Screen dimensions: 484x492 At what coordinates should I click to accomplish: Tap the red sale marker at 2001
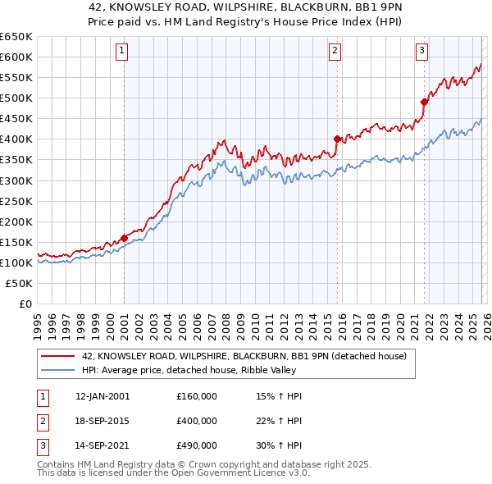click(x=124, y=238)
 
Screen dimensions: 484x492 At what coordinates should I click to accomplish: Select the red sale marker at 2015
click(x=337, y=139)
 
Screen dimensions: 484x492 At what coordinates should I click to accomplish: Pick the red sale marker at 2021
click(x=424, y=102)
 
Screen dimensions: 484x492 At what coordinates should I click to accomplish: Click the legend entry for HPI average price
click(x=203, y=370)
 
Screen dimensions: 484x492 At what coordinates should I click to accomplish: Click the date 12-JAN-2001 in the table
click(x=102, y=396)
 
